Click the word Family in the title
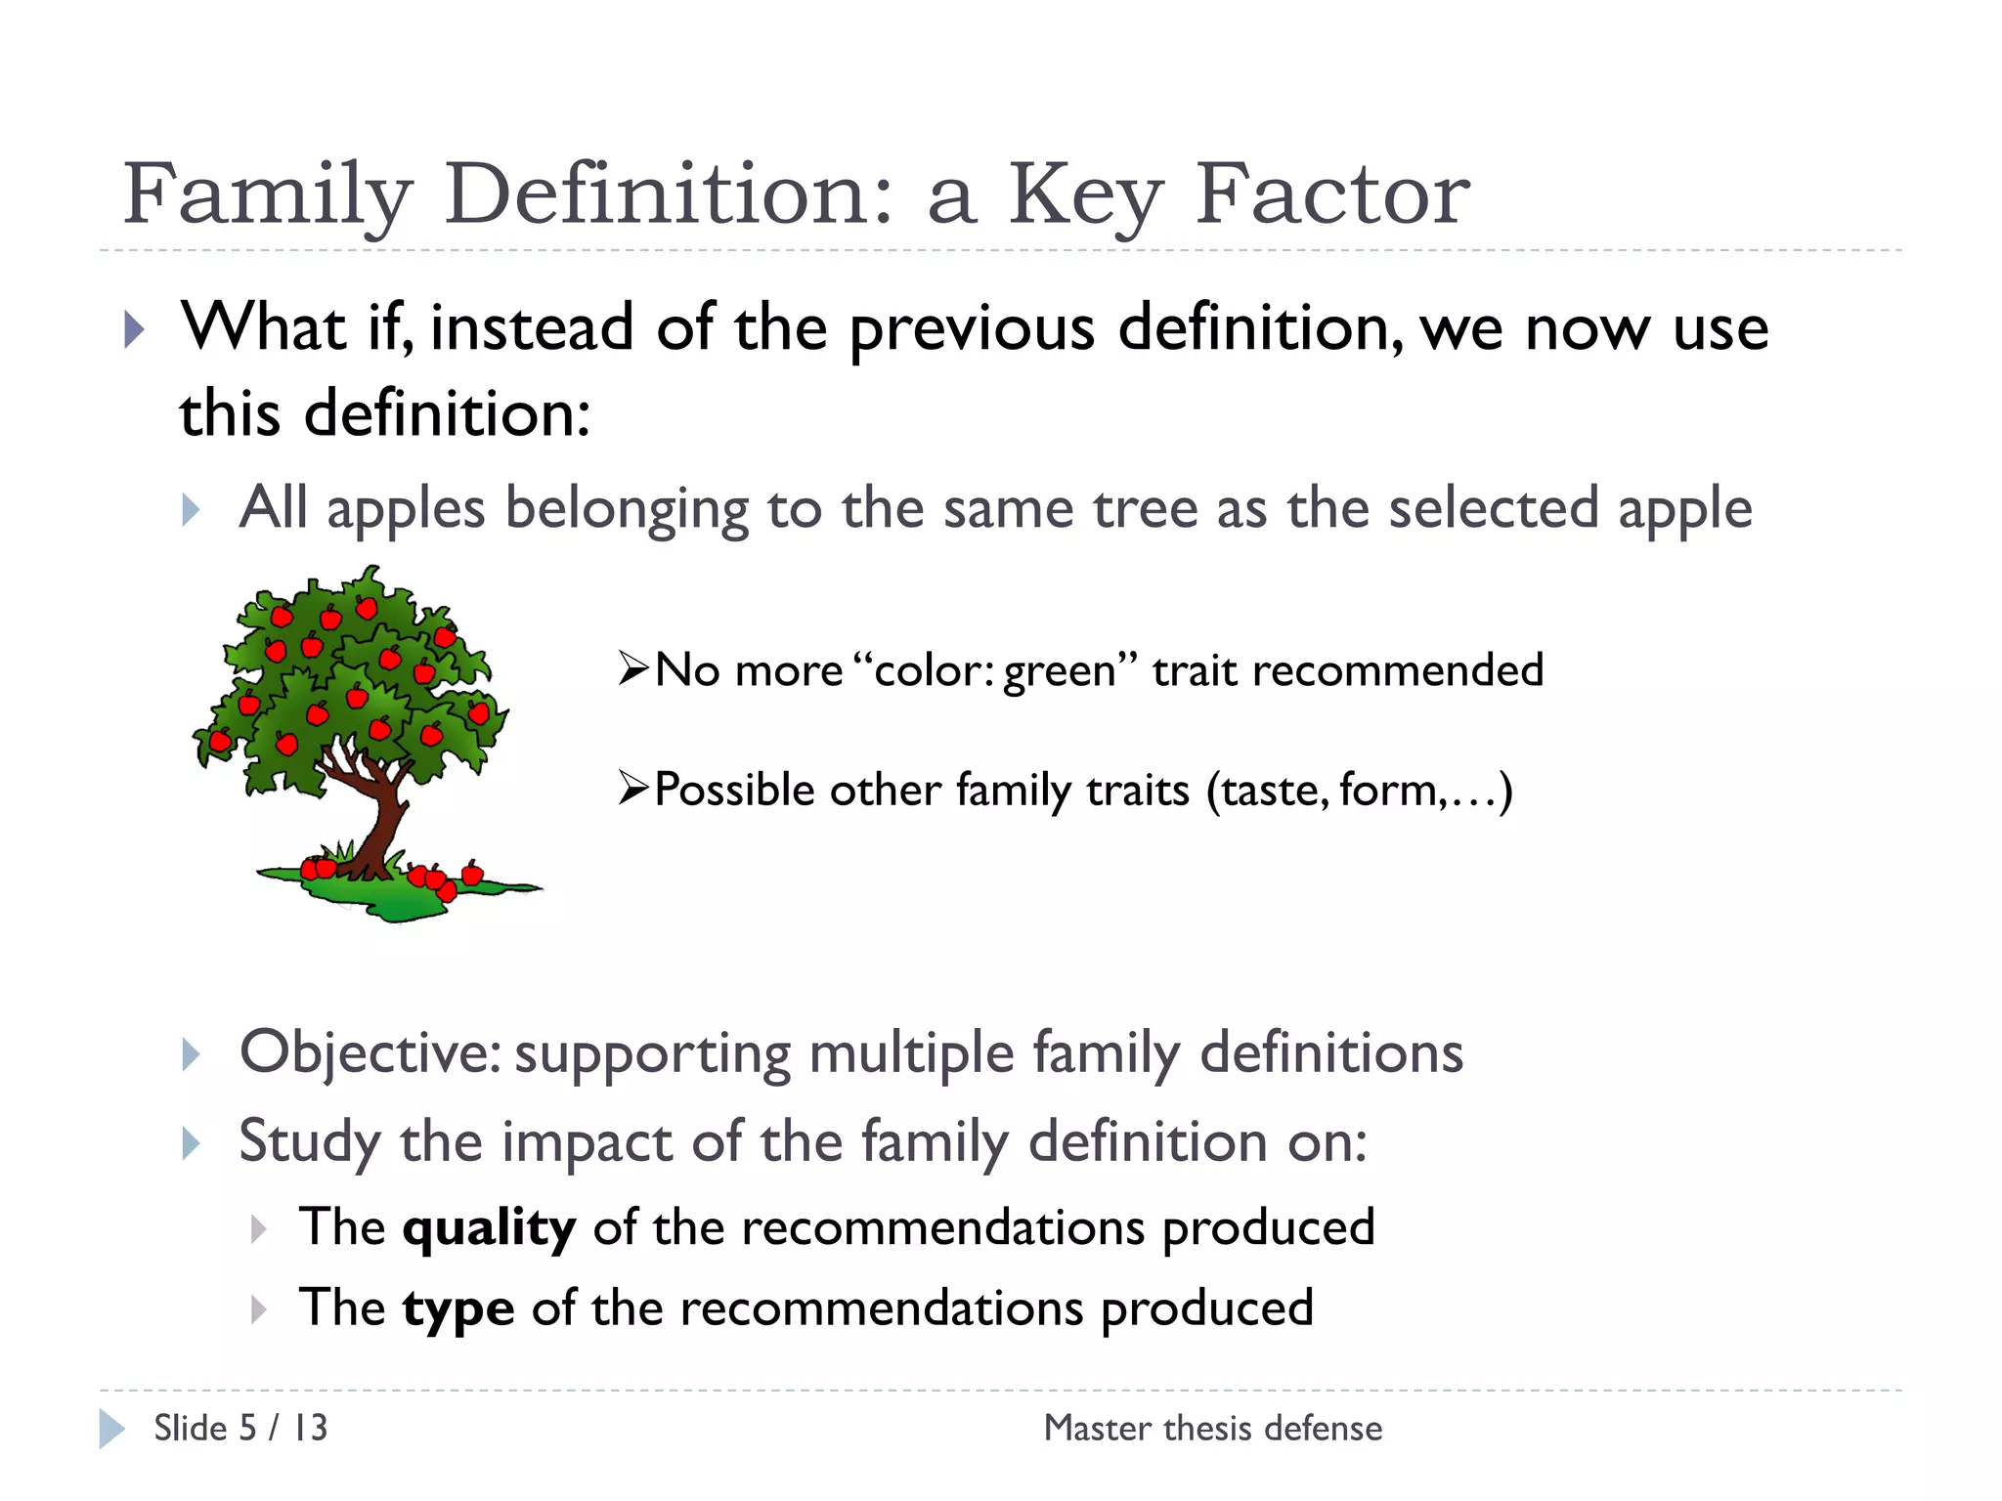point(267,195)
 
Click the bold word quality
point(489,1228)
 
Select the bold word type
point(457,1309)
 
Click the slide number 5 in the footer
point(248,1428)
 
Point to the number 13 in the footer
point(311,1428)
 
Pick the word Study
point(310,1141)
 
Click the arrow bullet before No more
point(633,669)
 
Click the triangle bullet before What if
point(134,329)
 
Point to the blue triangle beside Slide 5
point(111,1429)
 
